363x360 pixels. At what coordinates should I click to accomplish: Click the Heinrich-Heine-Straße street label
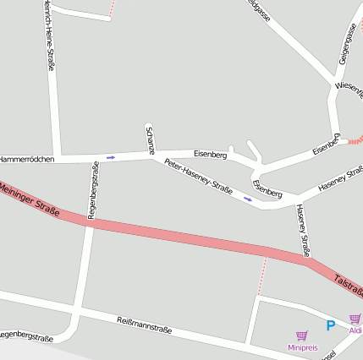point(47,38)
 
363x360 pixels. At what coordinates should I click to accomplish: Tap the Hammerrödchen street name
point(28,159)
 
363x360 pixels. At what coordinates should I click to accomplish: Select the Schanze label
point(150,139)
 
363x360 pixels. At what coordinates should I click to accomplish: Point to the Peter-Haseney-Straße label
point(199,177)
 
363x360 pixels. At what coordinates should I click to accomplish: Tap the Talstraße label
point(348,284)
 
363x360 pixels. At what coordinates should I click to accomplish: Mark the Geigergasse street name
point(347,45)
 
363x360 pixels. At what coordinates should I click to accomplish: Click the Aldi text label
point(355,330)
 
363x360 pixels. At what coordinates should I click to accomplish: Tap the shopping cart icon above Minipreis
point(301,336)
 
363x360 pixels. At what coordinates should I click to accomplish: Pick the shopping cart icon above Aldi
point(355,319)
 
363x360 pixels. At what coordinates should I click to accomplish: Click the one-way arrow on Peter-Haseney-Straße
point(248,199)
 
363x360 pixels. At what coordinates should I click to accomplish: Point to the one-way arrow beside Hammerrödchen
point(111,157)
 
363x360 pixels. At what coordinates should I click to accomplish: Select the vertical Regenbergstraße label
point(93,191)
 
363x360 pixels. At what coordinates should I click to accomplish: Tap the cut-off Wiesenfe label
point(349,88)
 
